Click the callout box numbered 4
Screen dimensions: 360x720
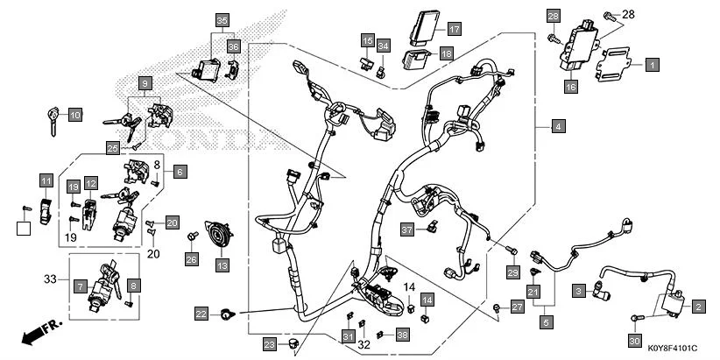point(557,127)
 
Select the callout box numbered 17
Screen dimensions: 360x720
point(454,29)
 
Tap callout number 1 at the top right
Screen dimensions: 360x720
point(652,63)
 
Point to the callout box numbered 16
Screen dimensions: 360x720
point(570,87)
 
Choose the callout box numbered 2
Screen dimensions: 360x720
point(698,307)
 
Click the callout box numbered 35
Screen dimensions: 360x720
point(221,20)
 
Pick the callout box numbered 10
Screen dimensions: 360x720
point(75,115)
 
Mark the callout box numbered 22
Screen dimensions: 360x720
point(201,314)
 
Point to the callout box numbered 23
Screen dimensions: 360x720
point(269,342)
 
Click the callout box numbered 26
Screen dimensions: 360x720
point(191,258)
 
